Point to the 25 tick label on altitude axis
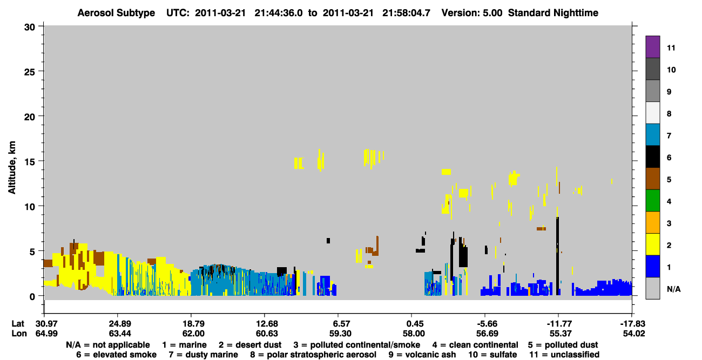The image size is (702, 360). [30, 72]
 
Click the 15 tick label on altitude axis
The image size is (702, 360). [30, 162]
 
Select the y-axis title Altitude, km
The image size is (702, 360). [12, 167]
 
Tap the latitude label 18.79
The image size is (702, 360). [194, 324]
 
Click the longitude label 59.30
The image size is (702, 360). [340, 334]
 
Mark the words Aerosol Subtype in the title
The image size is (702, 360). [116, 13]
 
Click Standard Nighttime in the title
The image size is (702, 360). [553, 13]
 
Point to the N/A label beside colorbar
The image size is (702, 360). [673, 289]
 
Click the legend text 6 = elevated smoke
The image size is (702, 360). [116, 355]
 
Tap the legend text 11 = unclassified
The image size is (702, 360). [564, 355]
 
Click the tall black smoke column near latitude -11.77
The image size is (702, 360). [558, 256]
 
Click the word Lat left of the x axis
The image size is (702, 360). [18, 324]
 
